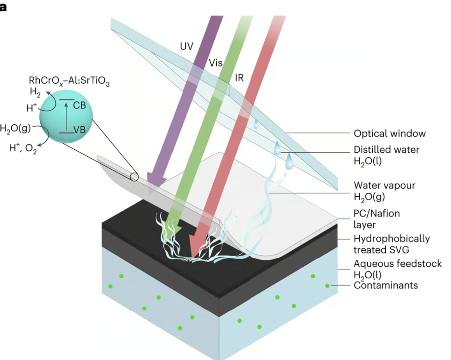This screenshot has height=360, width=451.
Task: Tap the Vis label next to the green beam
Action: [x=215, y=63]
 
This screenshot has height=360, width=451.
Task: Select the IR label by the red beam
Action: [x=239, y=77]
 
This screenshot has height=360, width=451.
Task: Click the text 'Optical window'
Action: [x=390, y=134]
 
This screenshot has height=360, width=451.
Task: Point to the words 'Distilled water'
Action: [x=386, y=150]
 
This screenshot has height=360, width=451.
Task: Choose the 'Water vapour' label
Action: [x=384, y=185]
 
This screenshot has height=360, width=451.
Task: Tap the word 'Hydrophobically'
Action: [x=391, y=238]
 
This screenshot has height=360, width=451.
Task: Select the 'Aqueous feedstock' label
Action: [x=398, y=264]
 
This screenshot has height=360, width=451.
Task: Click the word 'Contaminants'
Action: [x=386, y=285]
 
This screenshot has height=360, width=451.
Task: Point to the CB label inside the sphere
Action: [x=79, y=106]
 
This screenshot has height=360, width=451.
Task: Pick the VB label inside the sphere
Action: [x=79, y=130]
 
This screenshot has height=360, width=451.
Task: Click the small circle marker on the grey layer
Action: [x=134, y=177]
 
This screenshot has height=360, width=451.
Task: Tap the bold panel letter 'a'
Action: [x=4, y=7]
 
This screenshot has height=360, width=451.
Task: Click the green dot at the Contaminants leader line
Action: [x=328, y=286]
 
